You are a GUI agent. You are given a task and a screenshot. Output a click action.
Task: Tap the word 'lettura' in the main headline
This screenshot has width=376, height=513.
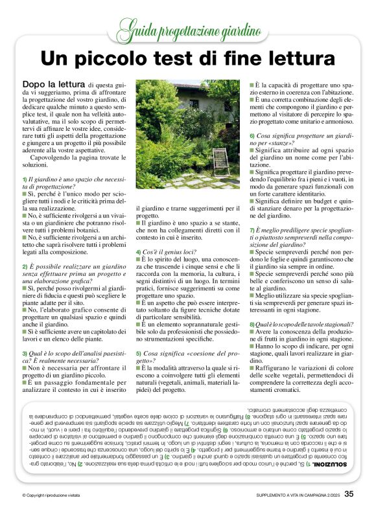tap(296, 58)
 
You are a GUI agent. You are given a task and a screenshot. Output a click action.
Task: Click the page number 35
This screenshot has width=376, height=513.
tap(349, 494)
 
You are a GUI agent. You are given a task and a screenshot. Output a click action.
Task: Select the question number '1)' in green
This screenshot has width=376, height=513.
tap(25, 178)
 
